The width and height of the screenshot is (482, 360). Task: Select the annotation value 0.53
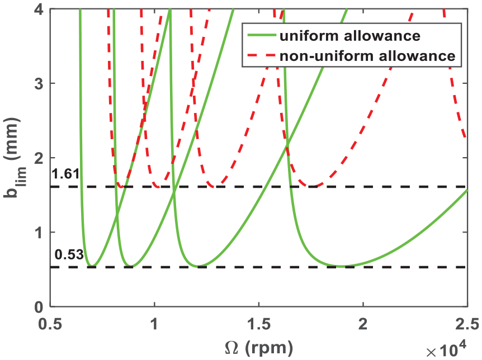(69, 255)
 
